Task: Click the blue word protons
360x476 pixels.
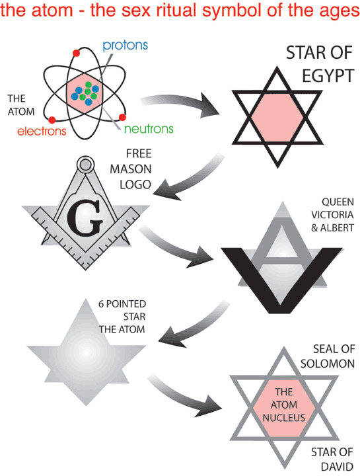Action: pos(125,46)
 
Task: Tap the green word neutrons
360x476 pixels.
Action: pos(149,129)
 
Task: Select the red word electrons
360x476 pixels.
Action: pos(42,131)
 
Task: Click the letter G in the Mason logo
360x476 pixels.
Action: pos(85,218)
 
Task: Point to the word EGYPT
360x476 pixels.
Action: pos(328,76)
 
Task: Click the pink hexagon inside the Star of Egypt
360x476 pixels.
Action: pos(277,117)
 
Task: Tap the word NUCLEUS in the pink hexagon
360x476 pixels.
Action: pos(284,418)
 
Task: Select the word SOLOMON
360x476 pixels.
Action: pos(328,364)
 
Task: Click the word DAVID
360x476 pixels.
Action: pos(337,466)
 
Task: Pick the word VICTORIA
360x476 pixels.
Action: pos(332,215)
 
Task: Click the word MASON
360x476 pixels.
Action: pos(130,169)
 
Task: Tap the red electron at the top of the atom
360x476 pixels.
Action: pos(76,53)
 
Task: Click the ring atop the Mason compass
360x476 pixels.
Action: pos(85,165)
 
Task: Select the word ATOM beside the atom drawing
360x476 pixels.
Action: pos(21,112)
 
